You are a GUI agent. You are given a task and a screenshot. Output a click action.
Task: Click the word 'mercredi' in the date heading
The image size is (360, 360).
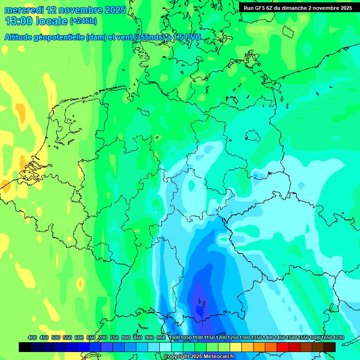[x=22, y=10]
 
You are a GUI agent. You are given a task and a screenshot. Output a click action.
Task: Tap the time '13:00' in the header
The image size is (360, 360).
[x=18, y=21]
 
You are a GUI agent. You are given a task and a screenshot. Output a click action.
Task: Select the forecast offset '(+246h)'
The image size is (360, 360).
[x=83, y=21]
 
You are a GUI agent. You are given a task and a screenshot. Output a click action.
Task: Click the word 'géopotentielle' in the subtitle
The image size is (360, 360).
[x=60, y=37]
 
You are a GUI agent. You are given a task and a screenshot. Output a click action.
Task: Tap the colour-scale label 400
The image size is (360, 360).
[x=32, y=337]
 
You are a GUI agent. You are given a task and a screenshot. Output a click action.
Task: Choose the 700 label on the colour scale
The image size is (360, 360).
[x=103, y=337]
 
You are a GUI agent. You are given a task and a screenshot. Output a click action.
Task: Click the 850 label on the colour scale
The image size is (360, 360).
[x=138, y=337]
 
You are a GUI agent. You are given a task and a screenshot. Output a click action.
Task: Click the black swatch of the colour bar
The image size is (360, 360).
[x=25, y=347]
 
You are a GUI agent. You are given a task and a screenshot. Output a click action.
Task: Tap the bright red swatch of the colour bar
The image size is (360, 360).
[x=283, y=347]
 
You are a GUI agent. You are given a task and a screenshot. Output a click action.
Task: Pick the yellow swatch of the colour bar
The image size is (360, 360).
[x=236, y=347]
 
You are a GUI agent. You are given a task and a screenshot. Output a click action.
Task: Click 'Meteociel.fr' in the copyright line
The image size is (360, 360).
[x=218, y=357]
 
